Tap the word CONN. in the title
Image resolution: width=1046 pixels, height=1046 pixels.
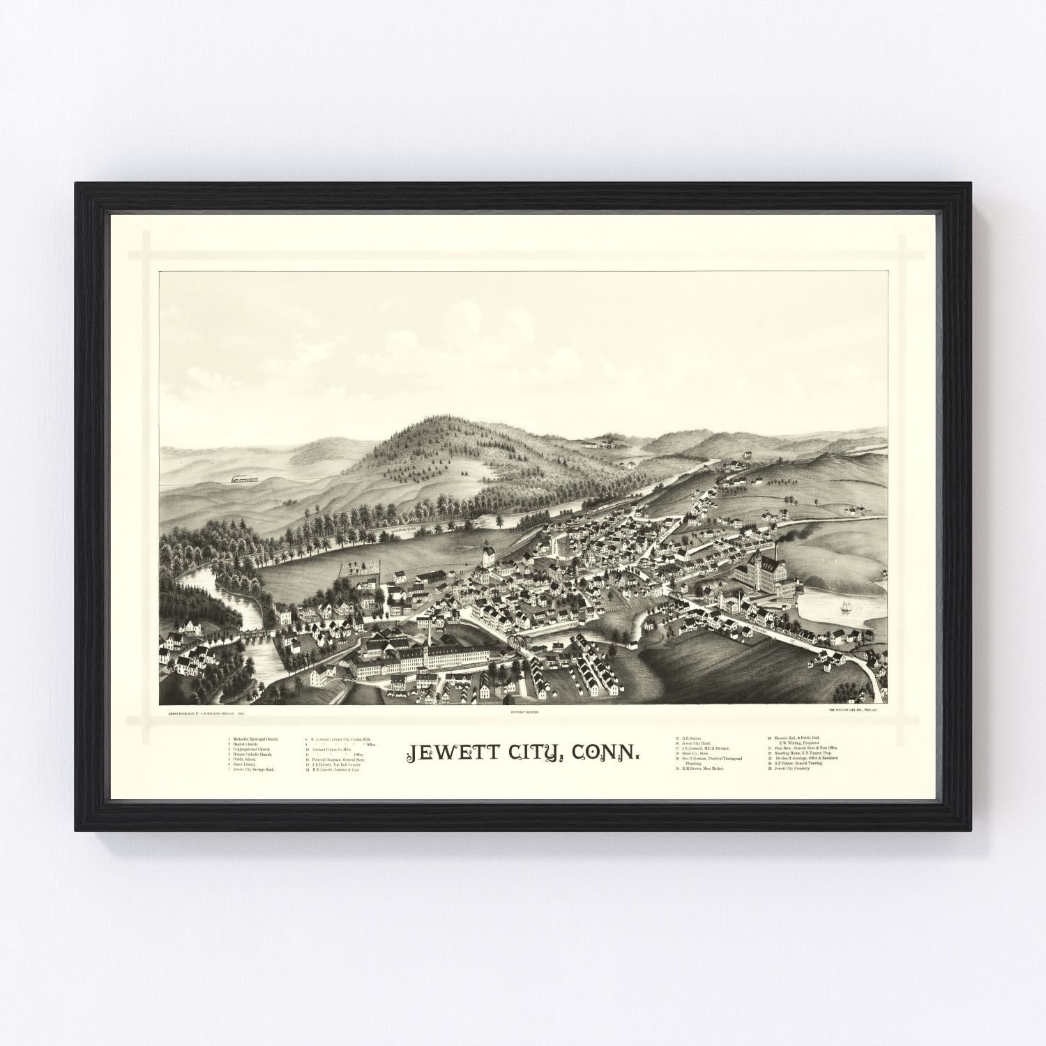click(x=606, y=753)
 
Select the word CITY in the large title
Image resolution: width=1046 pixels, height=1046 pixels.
click(x=531, y=753)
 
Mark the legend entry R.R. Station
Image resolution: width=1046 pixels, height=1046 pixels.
click(x=692, y=737)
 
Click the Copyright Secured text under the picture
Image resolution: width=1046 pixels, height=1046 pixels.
click(x=524, y=713)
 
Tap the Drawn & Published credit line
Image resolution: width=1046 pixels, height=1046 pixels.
click(x=206, y=713)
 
